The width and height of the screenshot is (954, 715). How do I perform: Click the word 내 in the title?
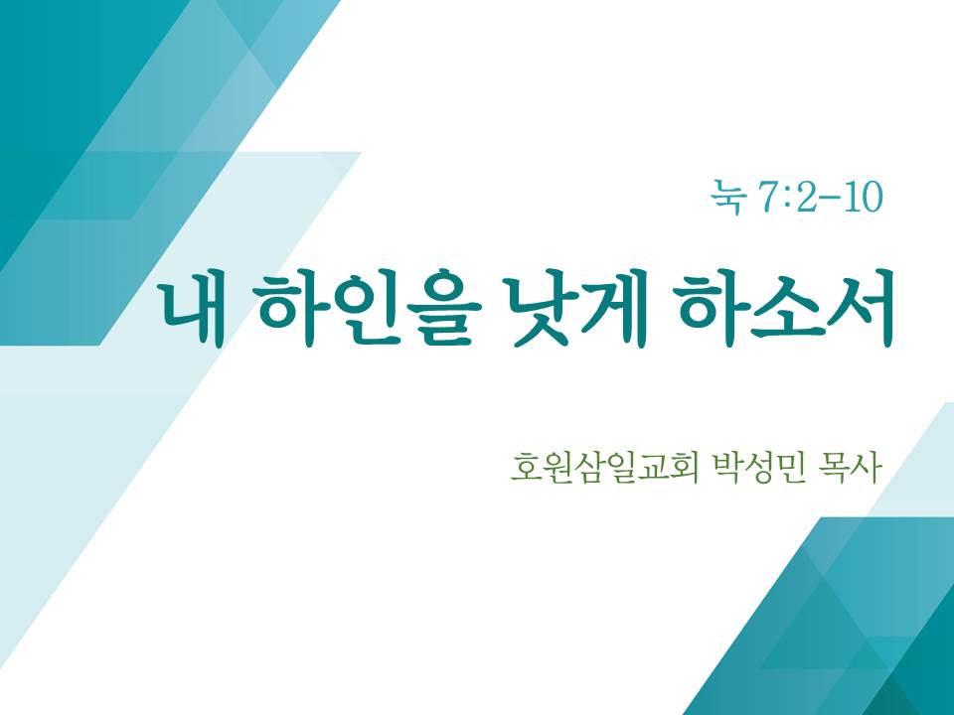[191, 309]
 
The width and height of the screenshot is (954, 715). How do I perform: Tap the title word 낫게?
[578, 308]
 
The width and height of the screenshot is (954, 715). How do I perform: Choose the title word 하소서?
[786, 308]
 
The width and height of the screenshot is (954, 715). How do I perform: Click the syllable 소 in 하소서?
[785, 309]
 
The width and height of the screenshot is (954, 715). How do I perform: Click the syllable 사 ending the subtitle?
[867, 467]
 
